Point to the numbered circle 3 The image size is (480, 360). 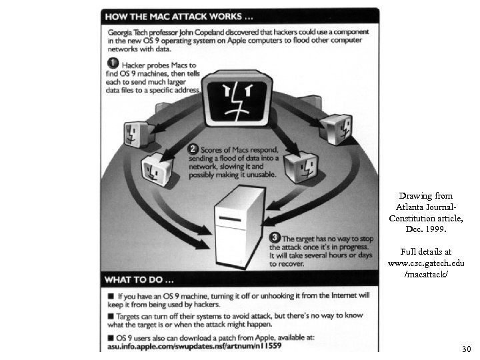pyautogui.click(x=274, y=237)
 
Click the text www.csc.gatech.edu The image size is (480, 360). pyautogui.click(x=426, y=263)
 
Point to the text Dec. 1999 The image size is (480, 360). pyautogui.click(x=426, y=229)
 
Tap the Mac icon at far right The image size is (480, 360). pyautogui.click(x=336, y=128)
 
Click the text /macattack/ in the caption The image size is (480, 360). pyautogui.click(x=426, y=275)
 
